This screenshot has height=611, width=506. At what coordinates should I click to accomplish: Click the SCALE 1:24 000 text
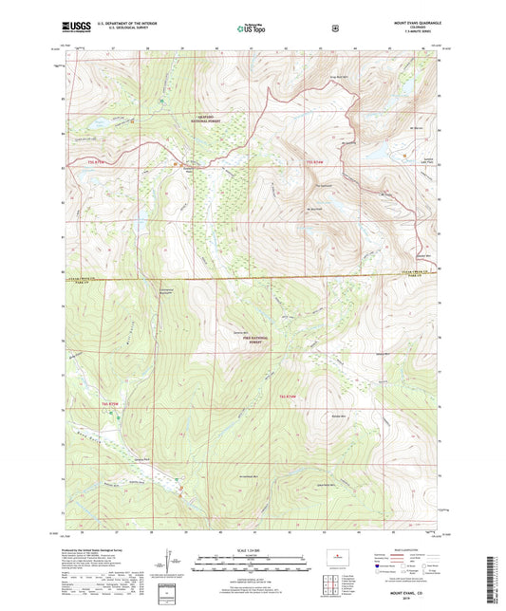pyautogui.click(x=253, y=549)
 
